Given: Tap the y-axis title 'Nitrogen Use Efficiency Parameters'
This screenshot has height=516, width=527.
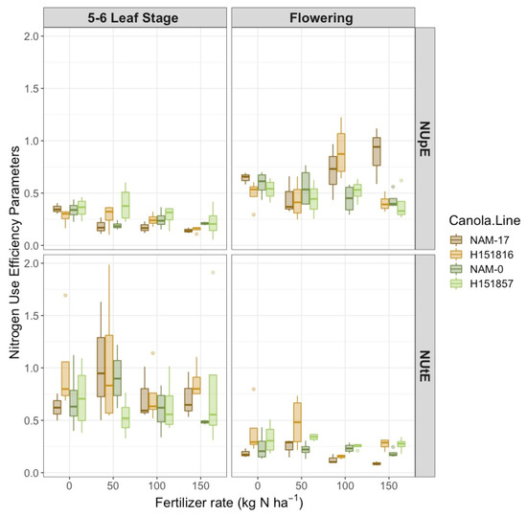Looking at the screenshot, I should tap(13, 257).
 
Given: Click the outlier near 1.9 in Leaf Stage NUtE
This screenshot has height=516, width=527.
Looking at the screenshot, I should tap(214, 273).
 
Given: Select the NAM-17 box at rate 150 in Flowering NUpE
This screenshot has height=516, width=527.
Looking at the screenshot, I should tap(377, 151).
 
